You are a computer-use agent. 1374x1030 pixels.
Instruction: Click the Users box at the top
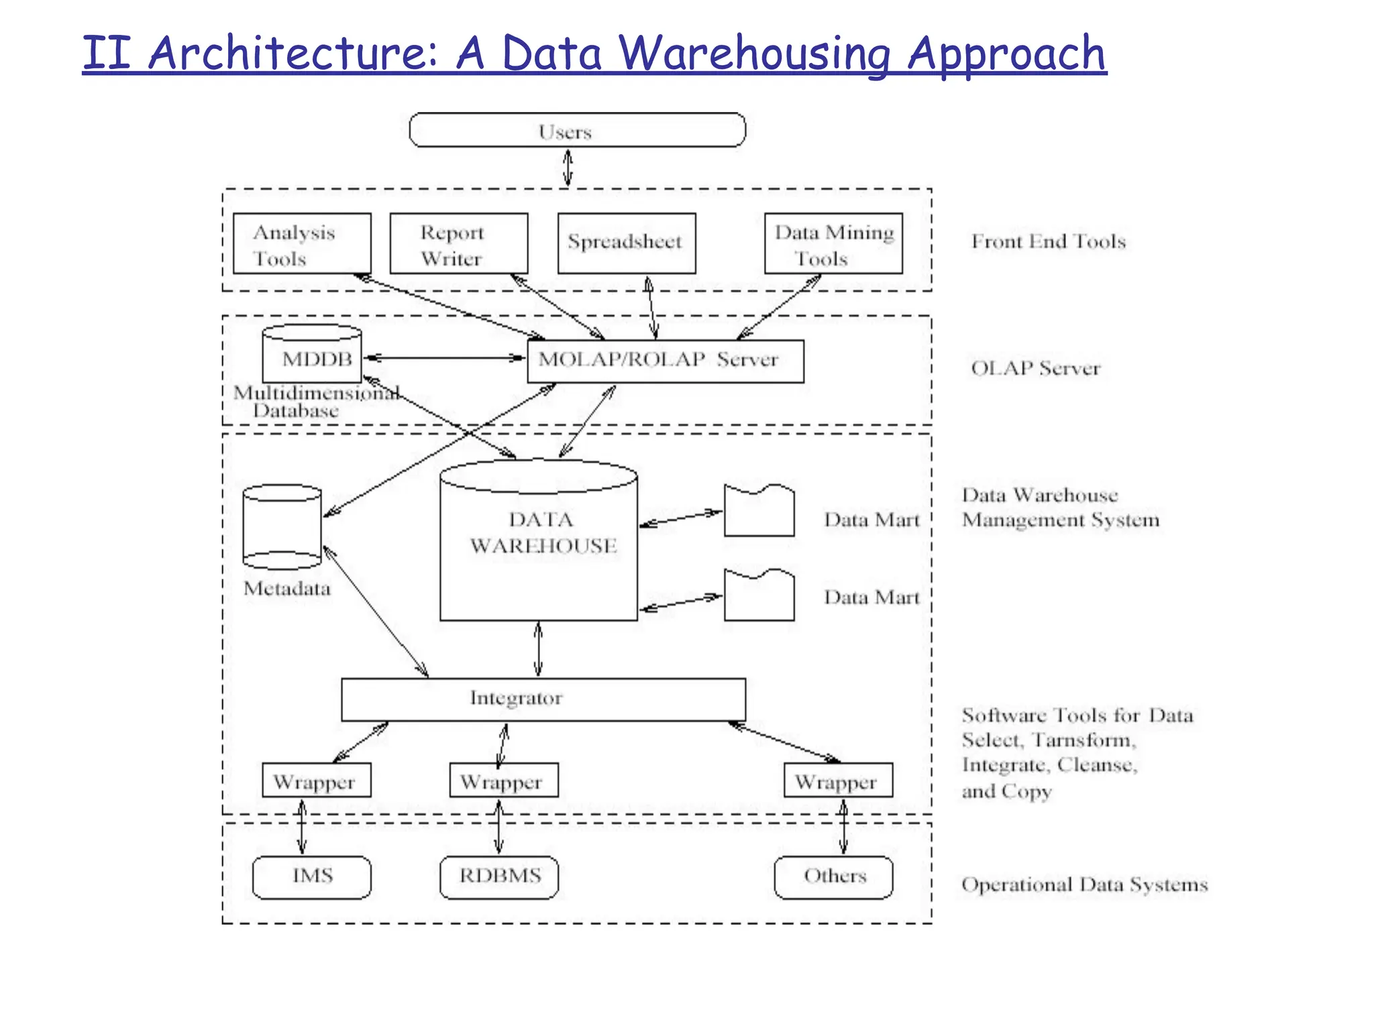577,130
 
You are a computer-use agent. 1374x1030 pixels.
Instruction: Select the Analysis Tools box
302,243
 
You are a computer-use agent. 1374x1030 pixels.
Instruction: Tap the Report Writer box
459,243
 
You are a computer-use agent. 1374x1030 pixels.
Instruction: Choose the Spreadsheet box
626,243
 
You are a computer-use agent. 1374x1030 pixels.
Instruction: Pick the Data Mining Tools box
833,243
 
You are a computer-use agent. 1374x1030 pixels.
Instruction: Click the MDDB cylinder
312,355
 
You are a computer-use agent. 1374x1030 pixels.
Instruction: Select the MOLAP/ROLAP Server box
665,361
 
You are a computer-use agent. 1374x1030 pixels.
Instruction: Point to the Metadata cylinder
282,527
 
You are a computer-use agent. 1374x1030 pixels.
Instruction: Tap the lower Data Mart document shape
759,596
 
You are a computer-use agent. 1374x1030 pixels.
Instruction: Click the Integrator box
543,699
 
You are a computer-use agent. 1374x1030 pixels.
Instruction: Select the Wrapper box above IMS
316,781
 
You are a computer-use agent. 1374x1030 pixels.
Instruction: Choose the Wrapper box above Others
838,781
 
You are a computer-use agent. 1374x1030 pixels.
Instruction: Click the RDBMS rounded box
499,877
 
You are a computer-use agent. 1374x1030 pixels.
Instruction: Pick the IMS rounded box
311,877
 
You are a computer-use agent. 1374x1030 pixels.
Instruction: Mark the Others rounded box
833,877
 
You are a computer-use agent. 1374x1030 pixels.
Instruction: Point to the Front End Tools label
1048,241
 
